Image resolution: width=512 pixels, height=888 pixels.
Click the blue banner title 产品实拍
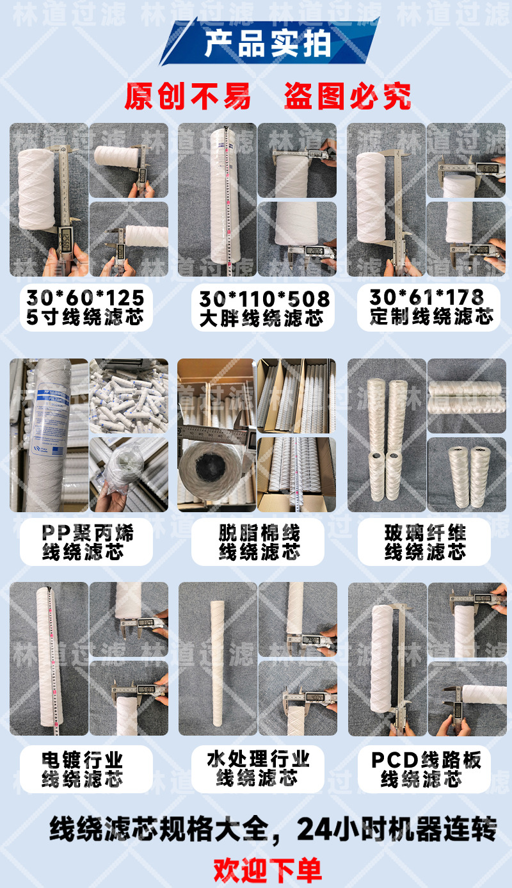pyautogui.click(x=268, y=44)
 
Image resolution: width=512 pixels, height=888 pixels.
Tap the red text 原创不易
pyautogui.click(x=187, y=97)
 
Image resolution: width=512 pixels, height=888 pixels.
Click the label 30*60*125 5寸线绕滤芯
pyautogui.click(x=85, y=307)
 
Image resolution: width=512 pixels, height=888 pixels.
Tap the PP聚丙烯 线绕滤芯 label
pyautogui.click(x=87, y=542)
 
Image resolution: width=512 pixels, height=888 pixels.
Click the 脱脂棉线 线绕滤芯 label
pyautogui.click(x=259, y=542)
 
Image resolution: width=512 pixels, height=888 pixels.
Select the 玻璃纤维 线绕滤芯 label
pyautogui.click(x=425, y=542)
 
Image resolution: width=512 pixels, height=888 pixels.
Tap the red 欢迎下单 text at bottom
pyautogui.click(x=268, y=869)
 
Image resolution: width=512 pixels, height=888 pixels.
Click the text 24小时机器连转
pyautogui.click(x=397, y=830)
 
